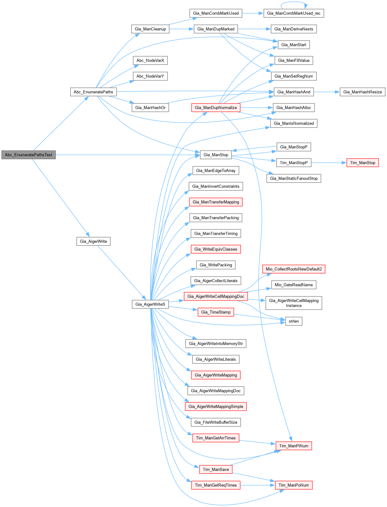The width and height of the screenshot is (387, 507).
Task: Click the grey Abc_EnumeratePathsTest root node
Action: point(29,155)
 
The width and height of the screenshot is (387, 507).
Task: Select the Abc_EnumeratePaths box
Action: point(93,92)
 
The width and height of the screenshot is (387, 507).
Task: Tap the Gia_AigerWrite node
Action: point(93,241)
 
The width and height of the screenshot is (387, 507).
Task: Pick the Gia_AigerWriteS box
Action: point(150,304)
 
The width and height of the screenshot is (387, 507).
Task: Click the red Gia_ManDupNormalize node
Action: point(216,108)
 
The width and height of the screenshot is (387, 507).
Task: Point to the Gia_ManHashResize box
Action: point(362,92)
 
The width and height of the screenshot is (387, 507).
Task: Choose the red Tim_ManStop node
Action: point(362,163)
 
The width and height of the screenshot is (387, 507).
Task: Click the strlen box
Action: point(293,321)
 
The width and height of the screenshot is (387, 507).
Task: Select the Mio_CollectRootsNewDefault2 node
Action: point(294,269)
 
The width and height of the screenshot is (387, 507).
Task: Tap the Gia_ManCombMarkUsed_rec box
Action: point(293,13)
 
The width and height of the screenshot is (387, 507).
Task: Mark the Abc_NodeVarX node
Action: point(150,61)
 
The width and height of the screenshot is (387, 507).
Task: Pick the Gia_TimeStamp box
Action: point(216,312)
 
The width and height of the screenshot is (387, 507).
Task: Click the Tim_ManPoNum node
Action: point(293,485)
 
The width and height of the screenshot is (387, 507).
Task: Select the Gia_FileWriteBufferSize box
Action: point(216,422)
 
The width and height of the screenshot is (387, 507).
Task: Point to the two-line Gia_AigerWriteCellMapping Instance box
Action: point(294,303)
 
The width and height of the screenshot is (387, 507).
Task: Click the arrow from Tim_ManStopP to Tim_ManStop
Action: point(329,163)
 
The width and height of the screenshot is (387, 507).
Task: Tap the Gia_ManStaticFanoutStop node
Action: point(294,179)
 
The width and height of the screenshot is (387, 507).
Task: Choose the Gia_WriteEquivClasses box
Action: point(216,249)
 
